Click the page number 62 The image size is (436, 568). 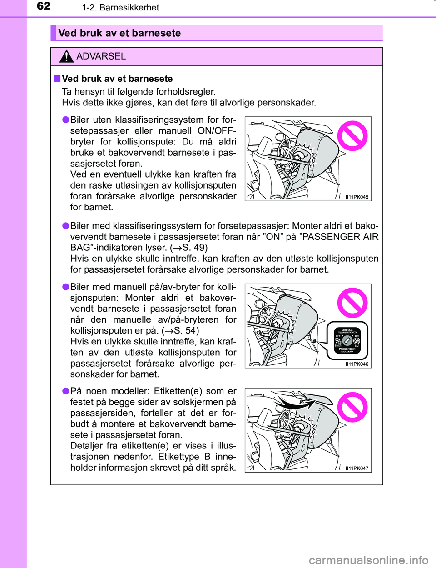(44, 6)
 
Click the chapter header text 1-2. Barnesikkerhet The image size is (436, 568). (120, 8)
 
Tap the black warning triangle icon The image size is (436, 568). (66, 56)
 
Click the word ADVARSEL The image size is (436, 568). (101, 56)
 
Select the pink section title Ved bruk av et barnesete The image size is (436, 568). (119, 33)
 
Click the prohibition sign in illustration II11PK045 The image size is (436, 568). (352, 135)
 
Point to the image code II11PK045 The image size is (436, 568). (357, 197)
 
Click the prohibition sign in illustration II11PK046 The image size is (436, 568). (352, 303)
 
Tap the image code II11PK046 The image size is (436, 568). (357, 364)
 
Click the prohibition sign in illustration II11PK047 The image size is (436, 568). (352, 407)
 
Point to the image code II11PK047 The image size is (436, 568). (357, 468)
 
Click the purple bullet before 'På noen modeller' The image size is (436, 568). (66, 391)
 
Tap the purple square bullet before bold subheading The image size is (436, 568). (57, 79)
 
